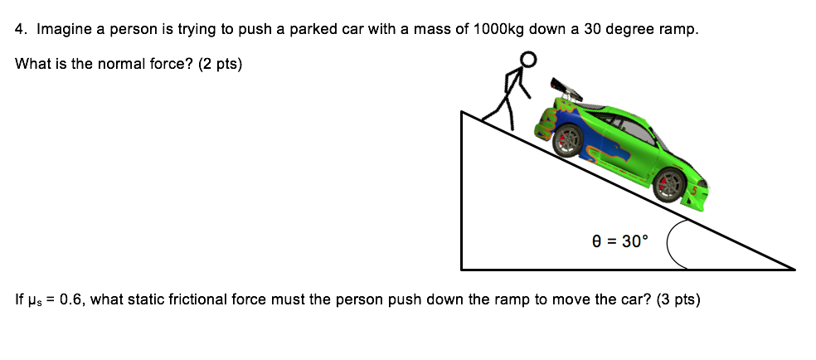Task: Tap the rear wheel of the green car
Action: click(x=567, y=143)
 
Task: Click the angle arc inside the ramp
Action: click(x=673, y=242)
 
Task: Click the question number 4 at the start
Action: click(x=21, y=29)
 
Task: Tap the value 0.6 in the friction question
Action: click(x=70, y=299)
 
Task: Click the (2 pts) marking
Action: click(x=220, y=63)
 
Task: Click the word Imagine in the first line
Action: click(x=65, y=29)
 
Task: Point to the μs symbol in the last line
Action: click(x=33, y=300)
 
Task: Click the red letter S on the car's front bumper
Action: click(x=695, y=191)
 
